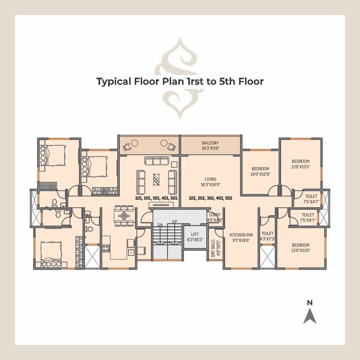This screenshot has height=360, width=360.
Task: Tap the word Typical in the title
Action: pyautogui.click(x=113, y=81)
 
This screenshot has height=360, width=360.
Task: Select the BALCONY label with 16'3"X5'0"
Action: pyautogui.click(x=211, y=145)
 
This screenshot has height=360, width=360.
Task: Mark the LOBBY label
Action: pyautogui.click(x=215, y=217)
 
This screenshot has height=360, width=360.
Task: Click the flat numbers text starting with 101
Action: pyautogui.click(x=156, y=198)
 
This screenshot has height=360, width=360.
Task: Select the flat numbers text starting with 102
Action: pyautogui.click(x=210, y=198)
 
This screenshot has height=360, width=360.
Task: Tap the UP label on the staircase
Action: pyautogui.click(x=174, y=222)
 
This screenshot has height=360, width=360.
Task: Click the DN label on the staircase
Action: pyautogui.click(x=160, y=225)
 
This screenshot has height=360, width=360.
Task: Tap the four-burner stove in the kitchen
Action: pyautogui.click(x=106, y=247)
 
